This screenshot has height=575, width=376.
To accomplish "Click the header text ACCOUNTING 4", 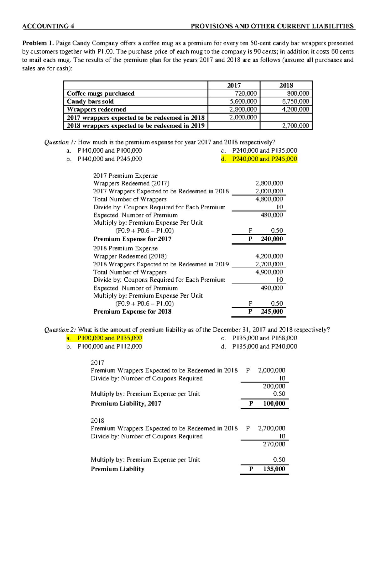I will [x=48, y=26].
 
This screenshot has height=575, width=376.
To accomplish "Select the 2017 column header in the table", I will [x=234, y=85].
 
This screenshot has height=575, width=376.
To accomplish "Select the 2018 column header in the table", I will [x=286, y=85].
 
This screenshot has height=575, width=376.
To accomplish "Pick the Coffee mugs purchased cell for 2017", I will [x=246, y=93].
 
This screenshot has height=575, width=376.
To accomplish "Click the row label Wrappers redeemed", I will [x=97, y=109].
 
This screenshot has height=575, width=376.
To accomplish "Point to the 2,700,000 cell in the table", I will [x=295, y=126].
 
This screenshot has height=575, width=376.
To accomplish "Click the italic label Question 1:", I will [x=60, y=142].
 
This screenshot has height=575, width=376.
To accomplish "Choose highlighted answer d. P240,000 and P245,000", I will [x=259, y=159].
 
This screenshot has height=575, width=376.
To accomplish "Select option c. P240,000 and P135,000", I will [x=259, y=151].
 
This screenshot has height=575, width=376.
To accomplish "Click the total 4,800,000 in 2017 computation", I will [x=269, y=199].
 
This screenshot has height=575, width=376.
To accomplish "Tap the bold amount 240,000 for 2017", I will [x=271, y=239].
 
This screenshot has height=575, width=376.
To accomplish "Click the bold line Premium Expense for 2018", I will [x=132, y=311].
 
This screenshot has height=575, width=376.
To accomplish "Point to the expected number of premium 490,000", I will [x=271, y=288].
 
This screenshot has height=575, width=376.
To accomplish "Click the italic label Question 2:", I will [x=60, y=330].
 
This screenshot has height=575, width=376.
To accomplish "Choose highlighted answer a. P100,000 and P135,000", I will [x=104, y=338].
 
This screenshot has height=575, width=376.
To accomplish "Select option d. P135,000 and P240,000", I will [x=259, y=347].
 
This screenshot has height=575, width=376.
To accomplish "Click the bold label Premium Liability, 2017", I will [x=126, y=404].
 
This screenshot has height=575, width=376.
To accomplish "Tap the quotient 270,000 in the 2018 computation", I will [x=274, y=444].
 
